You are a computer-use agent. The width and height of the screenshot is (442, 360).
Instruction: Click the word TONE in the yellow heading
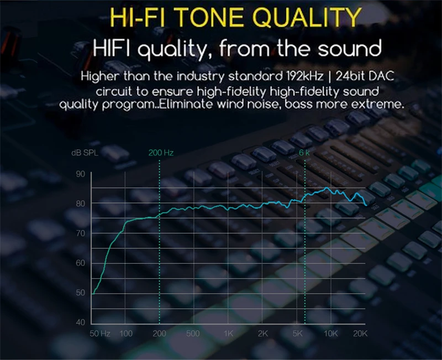(x=211, y=17)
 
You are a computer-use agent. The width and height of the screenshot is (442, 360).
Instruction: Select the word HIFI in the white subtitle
(x=112, y=48)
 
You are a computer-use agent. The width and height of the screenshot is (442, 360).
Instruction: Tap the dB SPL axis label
(x=85, y=153)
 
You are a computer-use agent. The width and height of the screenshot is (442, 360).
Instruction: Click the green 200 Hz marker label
(x=161, y=153)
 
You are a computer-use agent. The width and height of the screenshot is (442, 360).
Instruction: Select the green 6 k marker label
(x=304, y=153)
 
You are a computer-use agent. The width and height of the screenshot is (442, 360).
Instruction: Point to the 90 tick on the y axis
(x=80, y=174)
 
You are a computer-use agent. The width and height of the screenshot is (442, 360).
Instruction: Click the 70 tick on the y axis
(x=80, y=233)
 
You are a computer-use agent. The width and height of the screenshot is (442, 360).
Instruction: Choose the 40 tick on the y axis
(x=80, y=322)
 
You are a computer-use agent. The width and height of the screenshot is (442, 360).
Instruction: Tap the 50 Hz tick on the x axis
(x=100, y=333)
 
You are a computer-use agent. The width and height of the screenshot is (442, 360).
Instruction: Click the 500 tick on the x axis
(x=193, y=333)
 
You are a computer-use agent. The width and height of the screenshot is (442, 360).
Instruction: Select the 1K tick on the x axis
(x=229, y=333)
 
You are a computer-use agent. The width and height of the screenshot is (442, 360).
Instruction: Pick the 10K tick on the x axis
(x=330, y=333)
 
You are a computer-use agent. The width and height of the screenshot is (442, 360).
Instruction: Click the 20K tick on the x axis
(x=360, y=333)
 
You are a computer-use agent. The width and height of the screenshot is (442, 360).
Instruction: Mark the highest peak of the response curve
(x=327, y=187)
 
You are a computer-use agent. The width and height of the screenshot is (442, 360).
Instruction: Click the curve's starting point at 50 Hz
(x=93, y=294)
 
